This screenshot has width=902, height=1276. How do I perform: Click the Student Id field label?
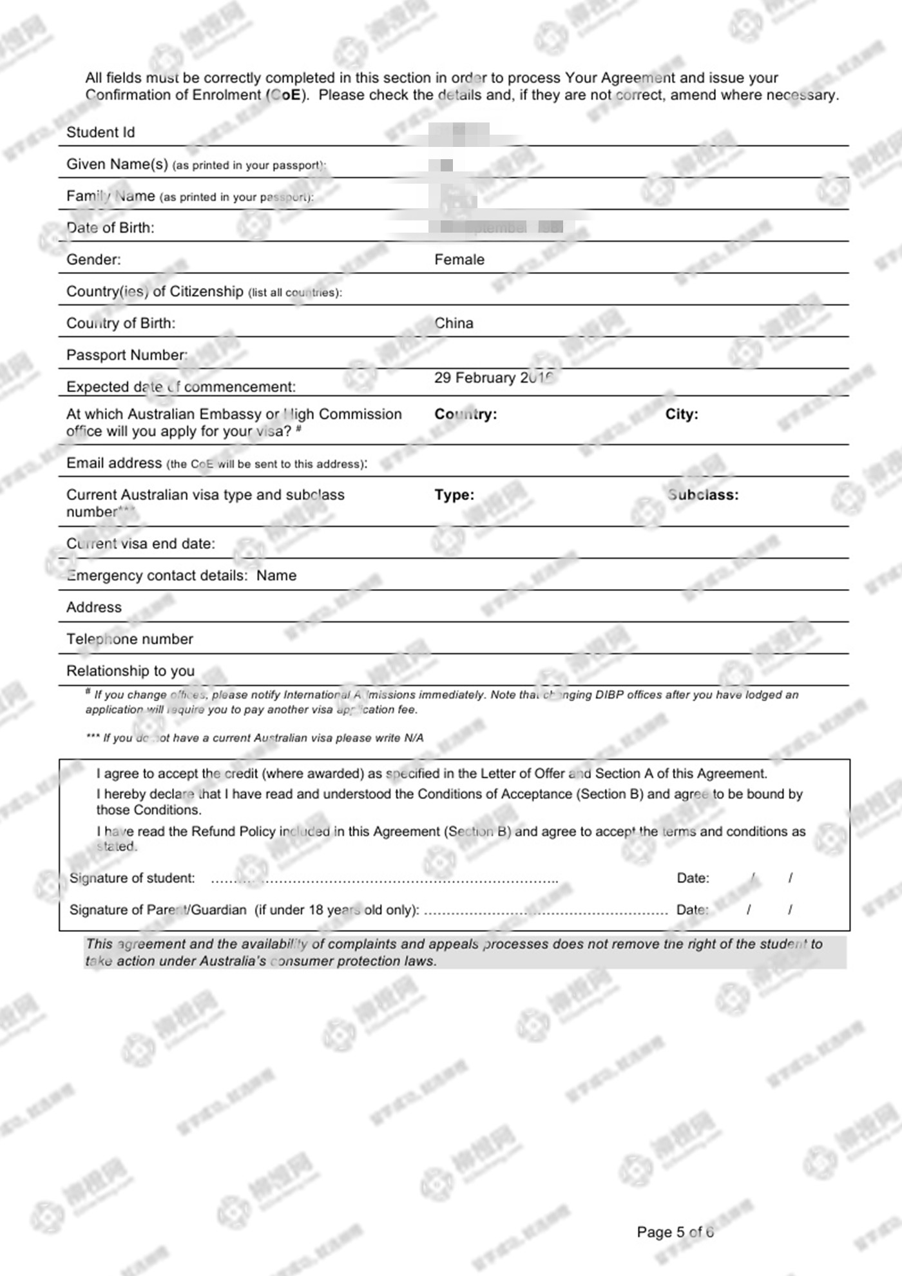[x=101, y=133]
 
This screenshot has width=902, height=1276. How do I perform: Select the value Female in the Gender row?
[x=459, y=260]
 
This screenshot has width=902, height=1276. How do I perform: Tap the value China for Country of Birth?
[x=454, y=324]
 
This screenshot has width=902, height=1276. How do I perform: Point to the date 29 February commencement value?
[x=493, y=378]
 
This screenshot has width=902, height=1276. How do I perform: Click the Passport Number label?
[x=127, y=355]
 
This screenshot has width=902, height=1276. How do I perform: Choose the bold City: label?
[x=682, y=414]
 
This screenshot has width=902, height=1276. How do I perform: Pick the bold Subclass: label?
[x=703, y=495]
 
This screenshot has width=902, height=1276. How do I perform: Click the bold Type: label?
[x=454, y=495]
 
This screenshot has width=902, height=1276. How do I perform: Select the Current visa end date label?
[x=140, y=544]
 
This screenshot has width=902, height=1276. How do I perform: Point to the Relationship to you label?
[x=130, y=671]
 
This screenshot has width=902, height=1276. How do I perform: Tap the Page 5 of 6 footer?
[x=675, y=1232]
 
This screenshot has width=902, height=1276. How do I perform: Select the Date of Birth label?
[x=110, y=228]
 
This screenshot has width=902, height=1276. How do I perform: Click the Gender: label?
[x=93, y=260]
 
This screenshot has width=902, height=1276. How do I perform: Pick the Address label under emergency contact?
[x=94, y=608]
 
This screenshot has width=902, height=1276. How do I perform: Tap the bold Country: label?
[x=465, y=414]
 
